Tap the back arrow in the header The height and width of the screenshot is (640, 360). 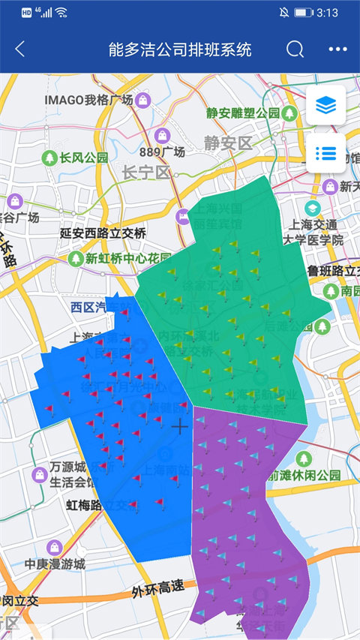[20, 50]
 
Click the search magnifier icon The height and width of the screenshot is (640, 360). [295, 50]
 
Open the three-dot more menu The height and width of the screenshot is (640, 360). [338, 50]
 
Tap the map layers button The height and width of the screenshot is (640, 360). [325, 106]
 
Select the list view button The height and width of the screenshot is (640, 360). [325, 153]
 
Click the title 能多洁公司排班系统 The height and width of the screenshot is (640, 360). [180, 50]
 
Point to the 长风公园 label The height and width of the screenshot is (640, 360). [84, 158]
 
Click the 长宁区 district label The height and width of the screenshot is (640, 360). [147, 173]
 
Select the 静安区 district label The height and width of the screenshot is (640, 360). [229, 143]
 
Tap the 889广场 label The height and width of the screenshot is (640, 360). [162, 152]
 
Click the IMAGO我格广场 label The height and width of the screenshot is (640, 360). [88, 100]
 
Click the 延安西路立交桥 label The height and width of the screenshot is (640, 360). [103, 233]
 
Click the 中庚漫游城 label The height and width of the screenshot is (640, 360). [55, 563]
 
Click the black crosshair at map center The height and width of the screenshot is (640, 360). [180, 427]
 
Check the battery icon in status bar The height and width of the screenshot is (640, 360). [303, 13]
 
